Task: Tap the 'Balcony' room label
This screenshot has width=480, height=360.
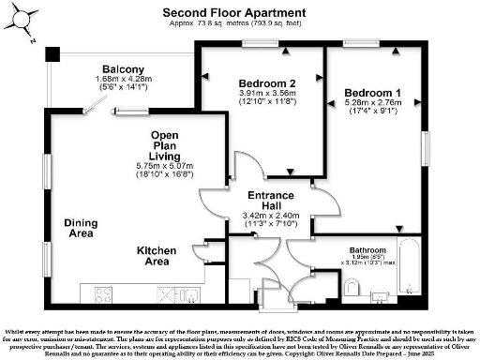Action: tap(124, 69)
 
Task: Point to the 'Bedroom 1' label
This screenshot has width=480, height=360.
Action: tap(372, 91)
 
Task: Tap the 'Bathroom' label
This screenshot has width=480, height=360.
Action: tap(367, 250)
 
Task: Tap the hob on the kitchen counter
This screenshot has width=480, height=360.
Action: tap(164, 295)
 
